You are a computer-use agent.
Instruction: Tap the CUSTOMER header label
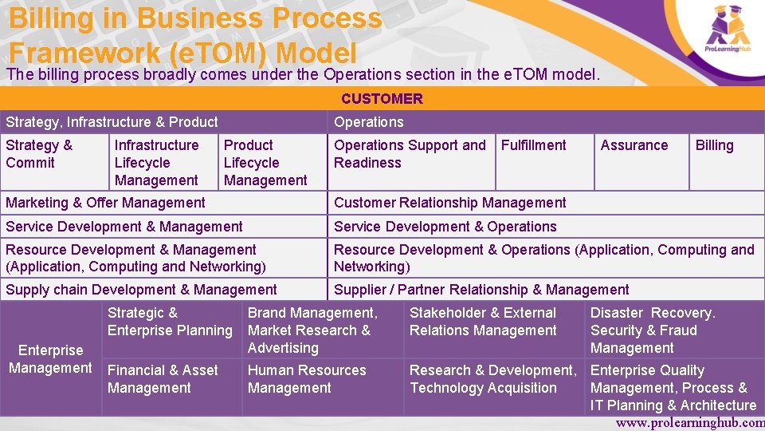(382, 99)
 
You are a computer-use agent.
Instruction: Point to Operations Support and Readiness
(410, 154)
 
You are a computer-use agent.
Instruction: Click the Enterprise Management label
(50, 359)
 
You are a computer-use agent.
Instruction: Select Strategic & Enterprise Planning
(170, 322)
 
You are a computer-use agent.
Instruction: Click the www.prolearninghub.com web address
(689, 423)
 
